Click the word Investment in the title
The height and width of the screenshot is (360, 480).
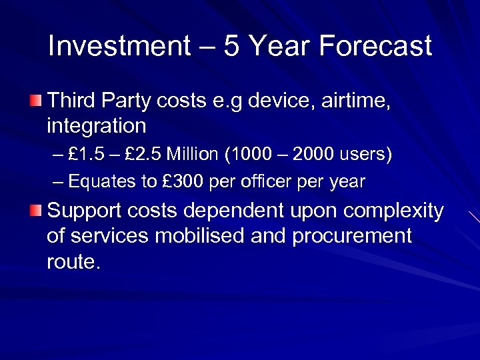(119, 47)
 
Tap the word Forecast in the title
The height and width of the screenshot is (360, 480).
(376, 47)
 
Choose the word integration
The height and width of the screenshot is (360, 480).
(96, 126)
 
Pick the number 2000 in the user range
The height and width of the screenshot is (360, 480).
(317, 155)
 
